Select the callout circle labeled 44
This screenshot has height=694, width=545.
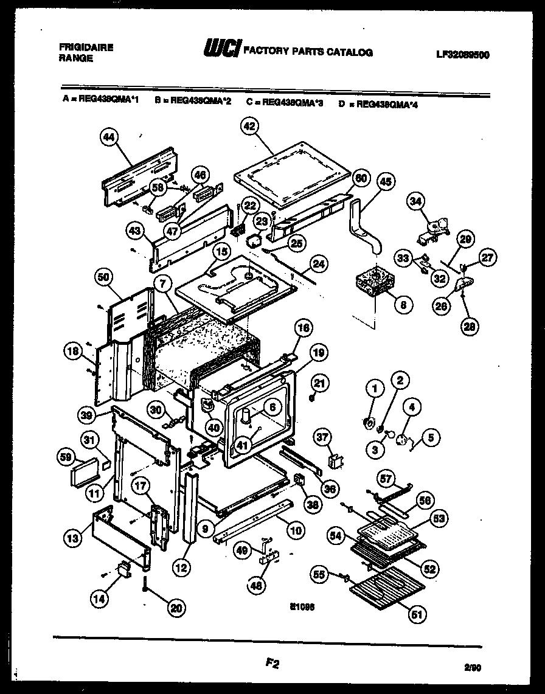(109, 138)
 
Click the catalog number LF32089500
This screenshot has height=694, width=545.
(463, 54)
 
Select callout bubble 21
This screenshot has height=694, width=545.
(320, 383)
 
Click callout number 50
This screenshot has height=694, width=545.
(104, 278)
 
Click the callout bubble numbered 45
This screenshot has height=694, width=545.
(386, 181)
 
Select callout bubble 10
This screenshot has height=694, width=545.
(295, 530)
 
